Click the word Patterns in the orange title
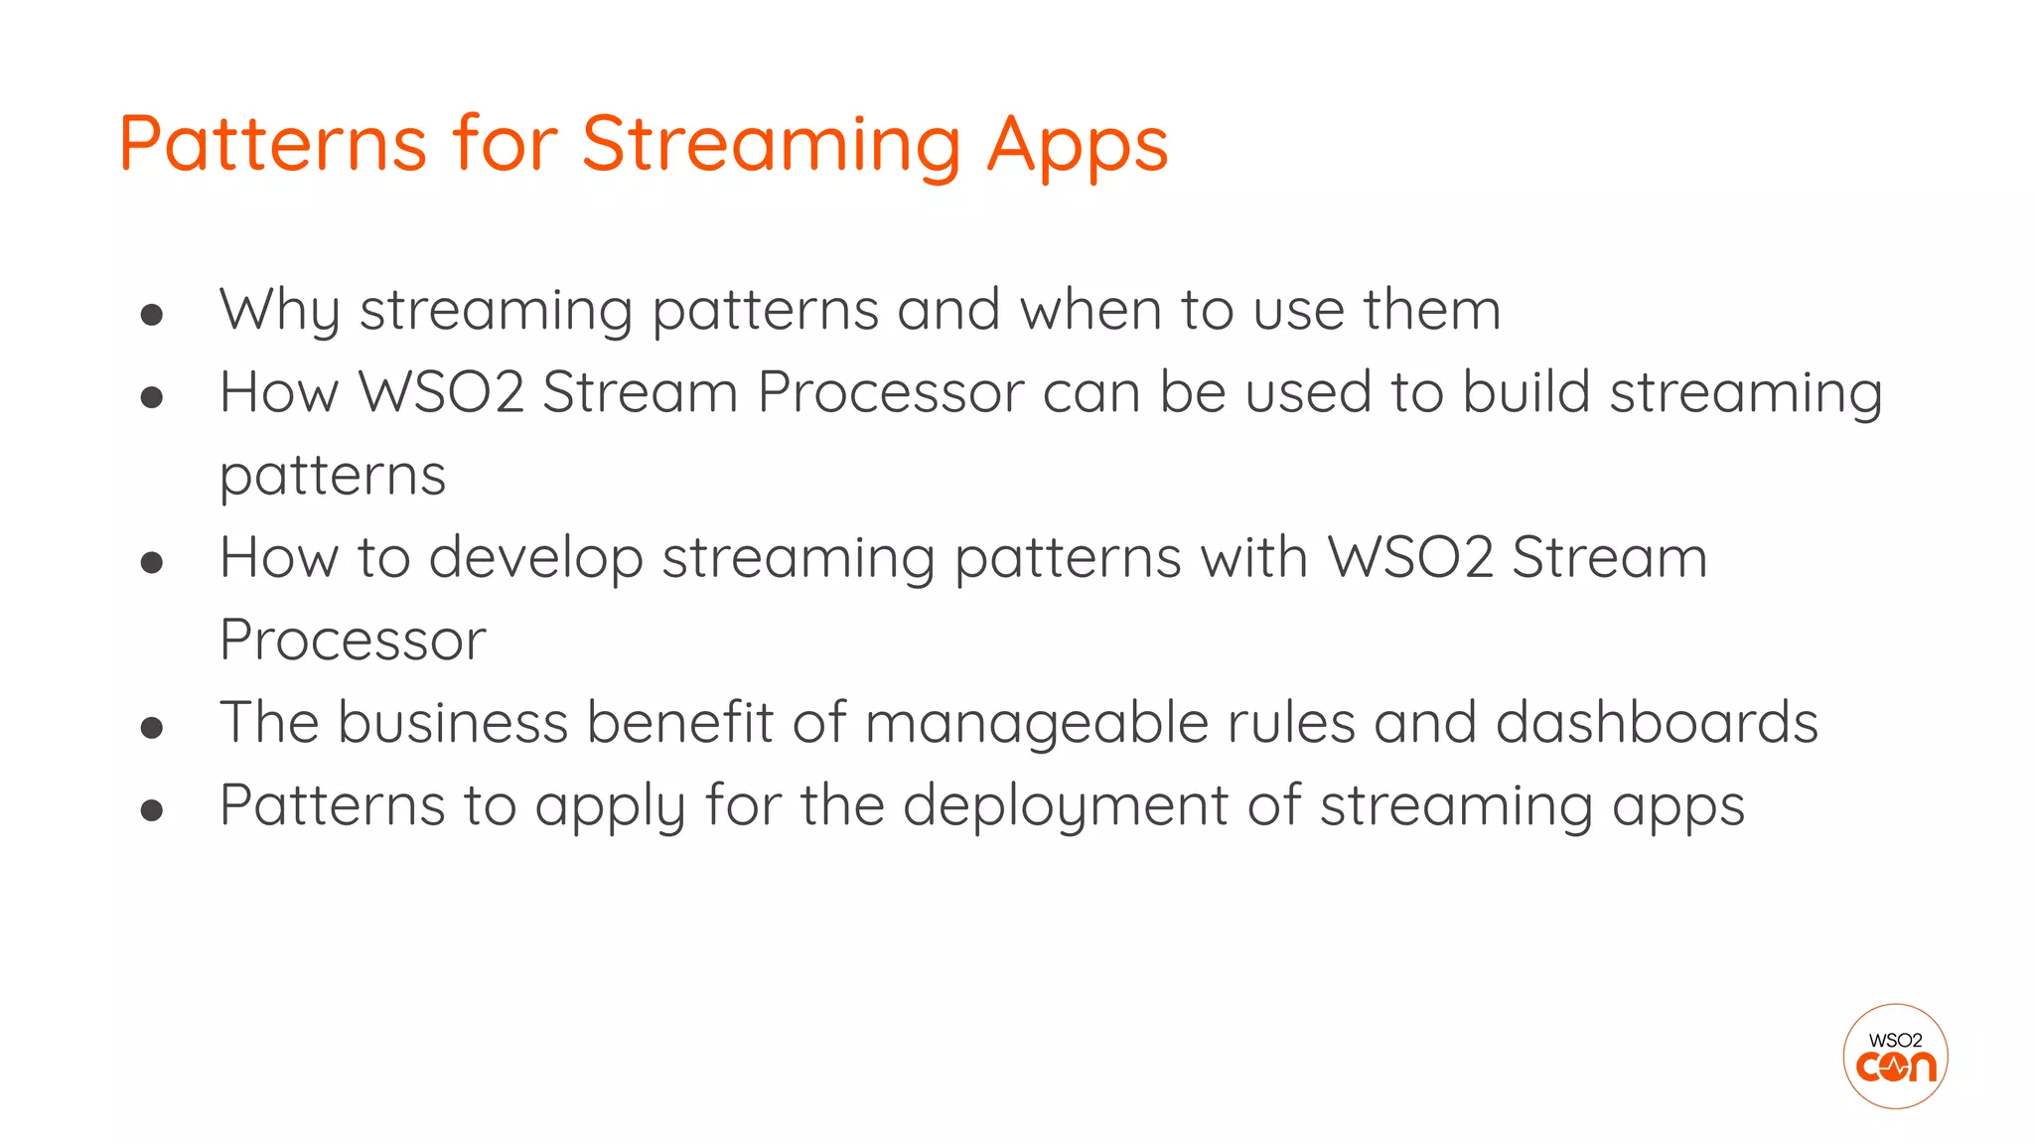click(272, 144)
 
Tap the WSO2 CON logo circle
click(1894, 1056)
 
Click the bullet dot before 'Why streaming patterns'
click(152, 316)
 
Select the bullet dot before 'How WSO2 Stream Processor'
click(152, 398)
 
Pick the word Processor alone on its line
click(353, 640)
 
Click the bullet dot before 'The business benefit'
click(152, 728)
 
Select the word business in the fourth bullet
click(452, 722)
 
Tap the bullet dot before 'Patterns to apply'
click(152, 810)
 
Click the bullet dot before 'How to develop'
click(152, 563)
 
